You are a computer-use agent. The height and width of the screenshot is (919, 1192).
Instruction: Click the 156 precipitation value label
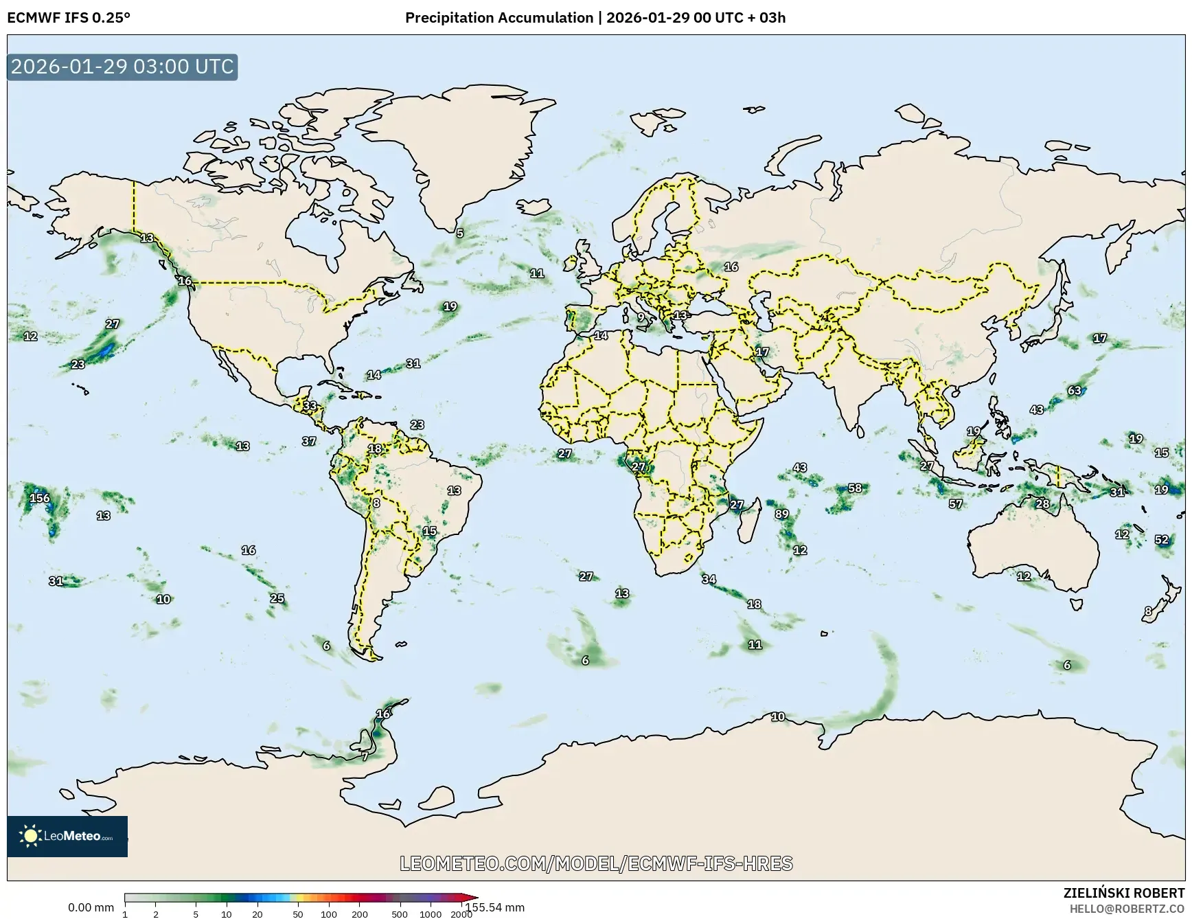[40, 498]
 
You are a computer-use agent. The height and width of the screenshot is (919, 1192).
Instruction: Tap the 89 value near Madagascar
[781, 514]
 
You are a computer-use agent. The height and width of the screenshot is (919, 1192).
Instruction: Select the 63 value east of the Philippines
[1075, 390]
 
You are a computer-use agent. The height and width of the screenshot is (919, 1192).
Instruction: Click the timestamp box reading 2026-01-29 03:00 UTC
[122, 67]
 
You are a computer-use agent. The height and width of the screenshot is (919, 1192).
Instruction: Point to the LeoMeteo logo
[67, 836]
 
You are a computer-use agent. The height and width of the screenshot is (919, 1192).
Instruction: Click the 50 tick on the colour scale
[297, 914]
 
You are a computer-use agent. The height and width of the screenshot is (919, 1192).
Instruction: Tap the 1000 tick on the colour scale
[431, 914]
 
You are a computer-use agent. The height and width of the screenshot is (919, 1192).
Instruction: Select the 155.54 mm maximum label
[495, 907]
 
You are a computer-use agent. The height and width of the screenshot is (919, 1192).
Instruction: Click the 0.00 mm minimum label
[91, 907]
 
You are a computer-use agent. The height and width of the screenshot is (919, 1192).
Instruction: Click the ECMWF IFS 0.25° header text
[69, 18]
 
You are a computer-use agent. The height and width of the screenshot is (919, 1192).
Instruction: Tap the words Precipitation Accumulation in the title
[498, 18]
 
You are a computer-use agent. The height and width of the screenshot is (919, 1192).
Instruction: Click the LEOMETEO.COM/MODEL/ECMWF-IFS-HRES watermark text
[596, 863]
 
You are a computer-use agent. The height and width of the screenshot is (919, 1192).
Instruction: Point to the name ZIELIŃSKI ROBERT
[1123, 893]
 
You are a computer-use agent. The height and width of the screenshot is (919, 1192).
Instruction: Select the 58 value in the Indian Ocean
[855, 488]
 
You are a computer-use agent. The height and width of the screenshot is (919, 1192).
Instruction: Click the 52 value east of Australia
[1162, 539]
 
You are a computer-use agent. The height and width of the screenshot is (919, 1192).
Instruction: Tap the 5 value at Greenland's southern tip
[460, 233]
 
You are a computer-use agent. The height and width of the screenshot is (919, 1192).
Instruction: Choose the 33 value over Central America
[310, 405]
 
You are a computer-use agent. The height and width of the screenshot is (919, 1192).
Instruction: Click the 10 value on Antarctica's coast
[778, 716]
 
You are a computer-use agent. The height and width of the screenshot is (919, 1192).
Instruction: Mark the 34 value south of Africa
[709, 579]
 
